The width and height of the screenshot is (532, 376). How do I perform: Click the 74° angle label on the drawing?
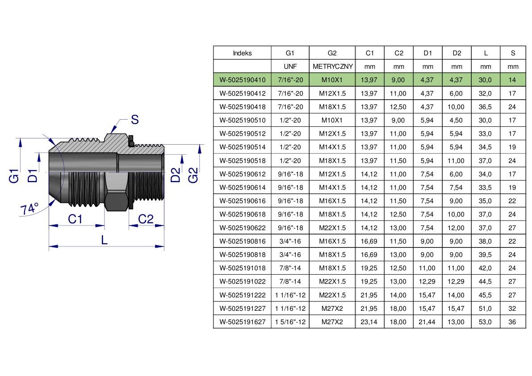[x=29, y=209]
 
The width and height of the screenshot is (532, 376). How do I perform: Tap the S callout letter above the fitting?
[x=135, y=120]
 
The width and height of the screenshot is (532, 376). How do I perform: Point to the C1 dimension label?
[x=75, y=219]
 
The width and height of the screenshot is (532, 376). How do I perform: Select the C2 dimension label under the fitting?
[x=146, y=219]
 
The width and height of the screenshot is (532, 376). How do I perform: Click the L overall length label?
[x=104, y=240]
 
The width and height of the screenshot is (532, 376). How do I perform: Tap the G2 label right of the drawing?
[x=193, y=175]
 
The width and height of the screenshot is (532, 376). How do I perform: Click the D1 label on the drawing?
[x=33, y=175]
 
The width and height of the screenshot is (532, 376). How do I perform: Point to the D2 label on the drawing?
[x=176, y=175]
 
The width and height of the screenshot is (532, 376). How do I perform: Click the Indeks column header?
[x=242, y=53]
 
